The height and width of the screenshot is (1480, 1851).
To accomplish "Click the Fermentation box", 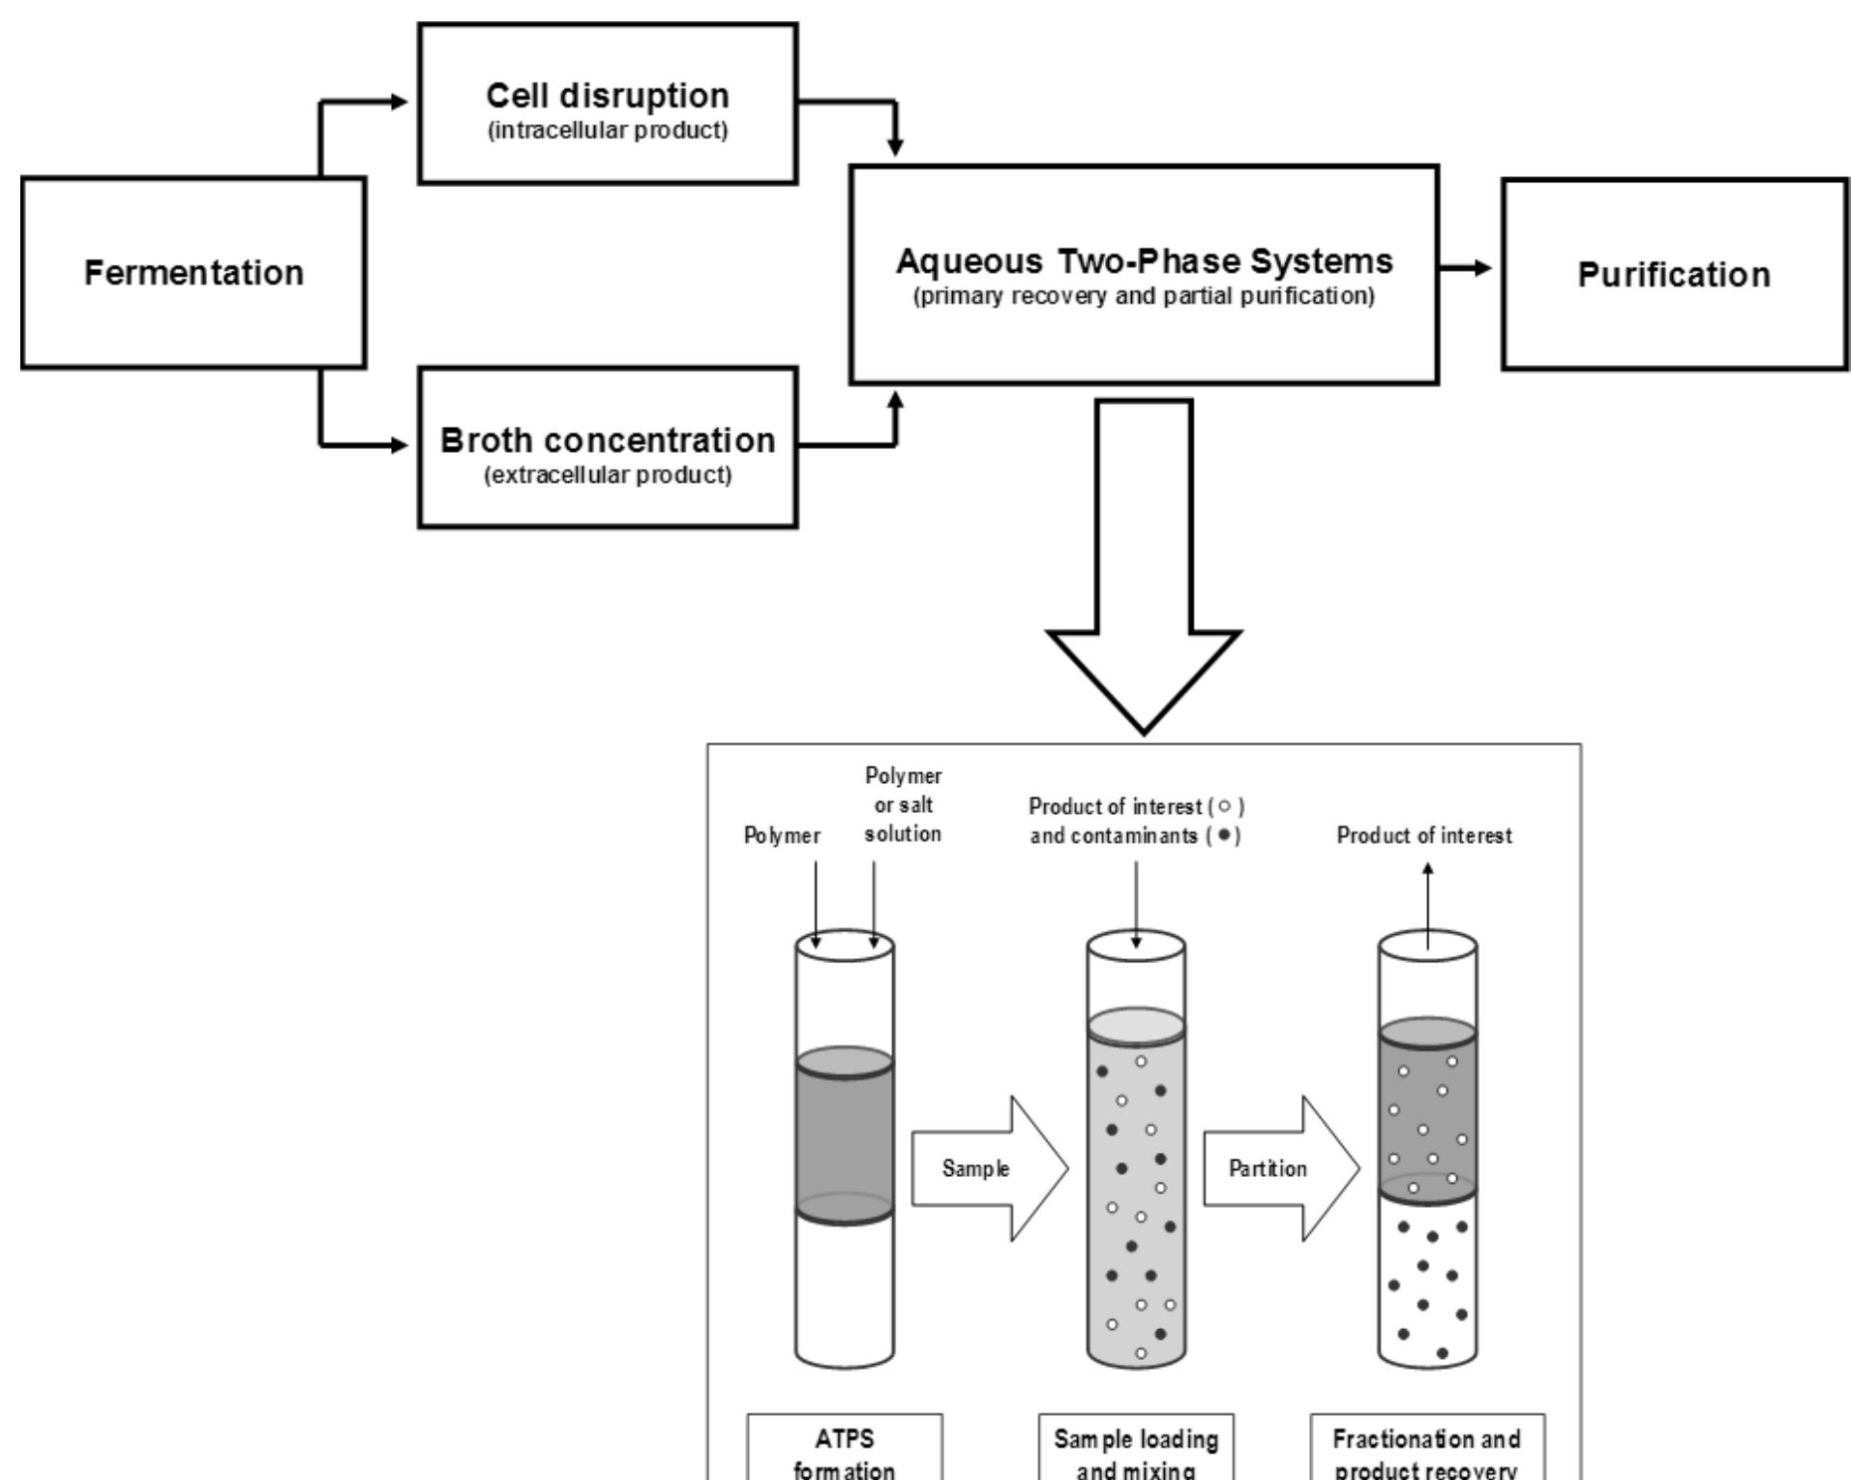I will [194, 272].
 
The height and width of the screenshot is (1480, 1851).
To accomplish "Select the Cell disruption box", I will [607, 104].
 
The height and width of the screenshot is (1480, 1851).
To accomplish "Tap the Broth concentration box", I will [607, 447].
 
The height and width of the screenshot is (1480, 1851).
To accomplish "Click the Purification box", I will [1674, 274].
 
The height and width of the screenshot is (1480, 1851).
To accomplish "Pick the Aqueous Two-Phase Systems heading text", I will [1144, 261].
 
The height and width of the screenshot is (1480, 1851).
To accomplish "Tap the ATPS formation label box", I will [845, 1448].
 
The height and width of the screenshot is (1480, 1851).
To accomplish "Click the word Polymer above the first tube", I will [782, 835].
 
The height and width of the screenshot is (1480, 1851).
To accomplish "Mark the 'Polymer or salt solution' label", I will [903, 804].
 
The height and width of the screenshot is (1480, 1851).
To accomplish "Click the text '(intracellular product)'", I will [607, 131].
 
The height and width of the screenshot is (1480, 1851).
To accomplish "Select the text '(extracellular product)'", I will [607, 475].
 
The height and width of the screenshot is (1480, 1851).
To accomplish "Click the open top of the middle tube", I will [1136, 947].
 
